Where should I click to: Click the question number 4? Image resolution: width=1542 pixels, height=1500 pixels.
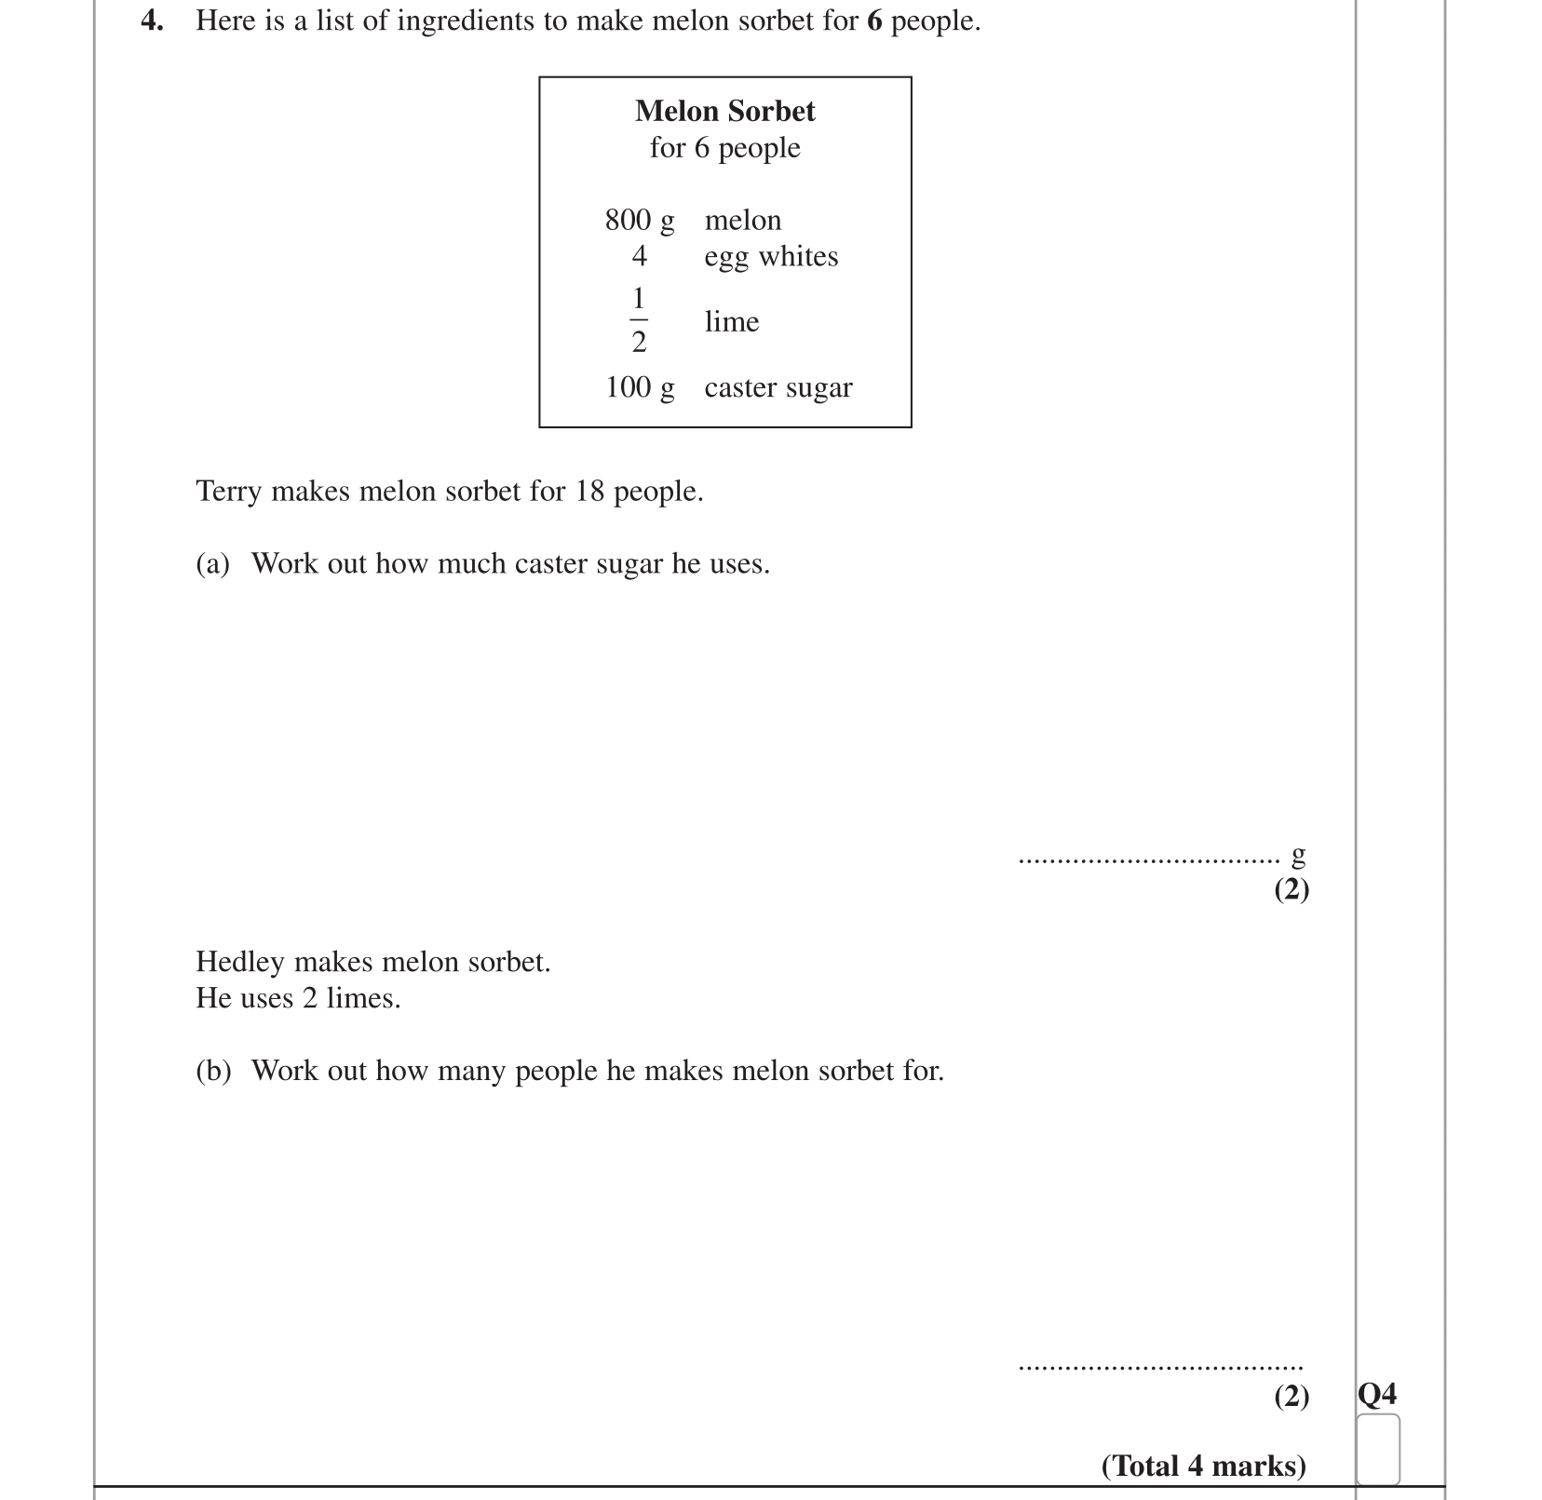tap(151, 20)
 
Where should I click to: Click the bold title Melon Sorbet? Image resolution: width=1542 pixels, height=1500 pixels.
tap(724, 111)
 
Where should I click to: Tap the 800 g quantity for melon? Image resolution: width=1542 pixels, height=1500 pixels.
tap(639, 221)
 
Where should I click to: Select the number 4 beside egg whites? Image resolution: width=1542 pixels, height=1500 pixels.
tap(639, 256)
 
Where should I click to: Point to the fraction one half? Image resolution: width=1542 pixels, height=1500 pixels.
tap(639, 320)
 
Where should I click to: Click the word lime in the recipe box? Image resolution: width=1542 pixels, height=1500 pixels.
tap(731, 322)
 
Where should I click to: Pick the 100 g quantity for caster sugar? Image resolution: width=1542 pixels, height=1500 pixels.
tap(640, 387)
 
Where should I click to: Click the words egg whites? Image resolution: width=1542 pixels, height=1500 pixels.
tap(771, 257)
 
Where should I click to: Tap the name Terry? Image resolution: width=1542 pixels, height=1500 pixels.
tap(229, 491)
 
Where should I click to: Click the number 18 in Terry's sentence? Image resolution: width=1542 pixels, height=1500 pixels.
tap(589, 491)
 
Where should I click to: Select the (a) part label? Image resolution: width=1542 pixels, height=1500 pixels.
tap(212, 563)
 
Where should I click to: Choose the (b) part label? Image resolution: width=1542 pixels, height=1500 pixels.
tap(213, 1071)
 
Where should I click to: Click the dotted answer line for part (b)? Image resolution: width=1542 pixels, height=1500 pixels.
tap(1160, 1367)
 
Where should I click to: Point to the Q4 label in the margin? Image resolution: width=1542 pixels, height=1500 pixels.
tap(1377, 1394)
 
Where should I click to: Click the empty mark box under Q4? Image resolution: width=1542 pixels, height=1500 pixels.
tap(1377, 1449)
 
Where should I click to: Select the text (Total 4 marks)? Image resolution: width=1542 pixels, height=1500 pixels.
tap(1203, 1466)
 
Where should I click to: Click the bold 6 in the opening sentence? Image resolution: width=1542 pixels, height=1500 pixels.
tap(873, 20)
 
